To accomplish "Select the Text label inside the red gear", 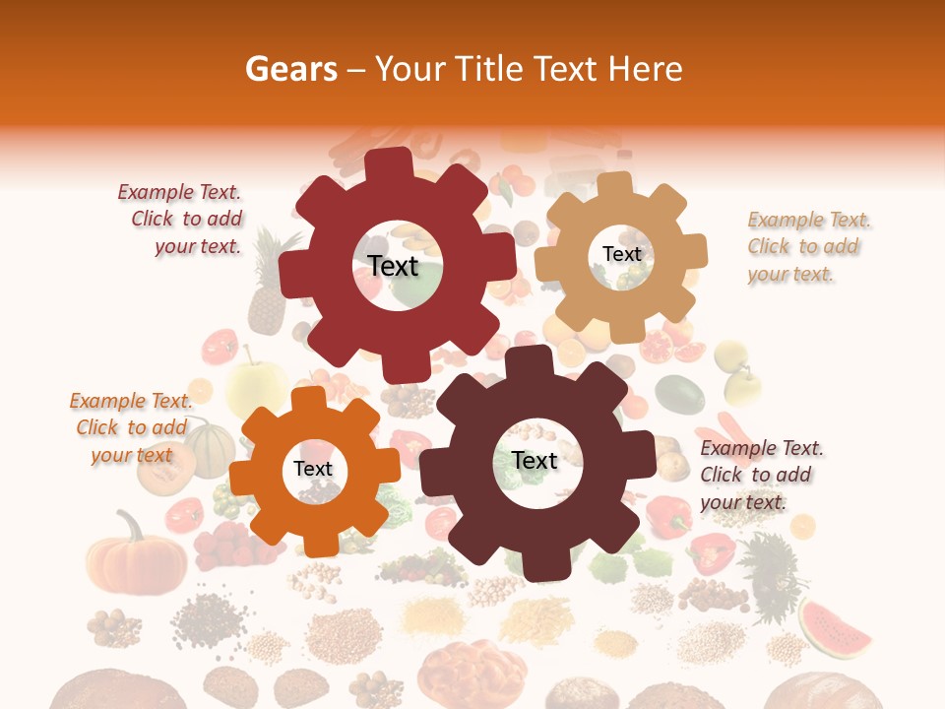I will [393, 266].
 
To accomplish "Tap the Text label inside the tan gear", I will [621, 254].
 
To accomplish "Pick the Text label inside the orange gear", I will [313, 469].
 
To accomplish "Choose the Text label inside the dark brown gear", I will [535, 460].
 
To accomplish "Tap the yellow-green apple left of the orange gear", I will [254, 387].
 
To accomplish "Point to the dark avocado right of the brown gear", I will [679, 394].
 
